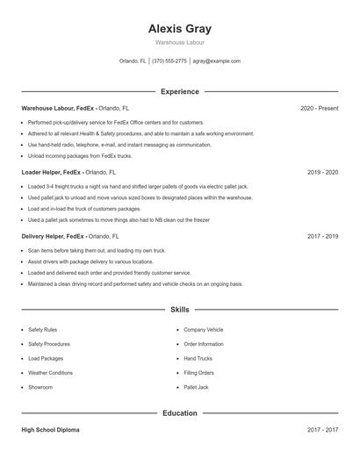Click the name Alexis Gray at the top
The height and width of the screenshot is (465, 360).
tap(180, 28)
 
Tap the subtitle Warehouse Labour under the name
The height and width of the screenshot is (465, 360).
tap(180, 42)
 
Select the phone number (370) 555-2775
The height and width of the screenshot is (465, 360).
tap(169, 61)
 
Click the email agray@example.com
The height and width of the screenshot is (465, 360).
tap(217, 61)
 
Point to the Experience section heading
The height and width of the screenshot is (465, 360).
tap(180, 91)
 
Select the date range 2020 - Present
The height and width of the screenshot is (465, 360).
tap(319, 108)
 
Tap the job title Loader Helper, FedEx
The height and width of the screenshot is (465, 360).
tap(53, 172)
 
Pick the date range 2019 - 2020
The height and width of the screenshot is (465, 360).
tap(322, 172)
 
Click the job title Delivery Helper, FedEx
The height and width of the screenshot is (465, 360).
tap(54, 236)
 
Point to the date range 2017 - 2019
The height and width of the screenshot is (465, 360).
tap(322, 236)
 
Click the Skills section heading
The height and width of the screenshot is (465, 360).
tap(180, 310)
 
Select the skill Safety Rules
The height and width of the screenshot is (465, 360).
tap(42, 330)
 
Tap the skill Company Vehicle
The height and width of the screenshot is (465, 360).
tap(204, 330)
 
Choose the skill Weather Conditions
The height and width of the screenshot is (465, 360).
tap(50, 373)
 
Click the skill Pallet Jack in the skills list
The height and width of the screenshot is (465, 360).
tap(196, 387)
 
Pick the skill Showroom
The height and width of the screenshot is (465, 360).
tap(40, 387)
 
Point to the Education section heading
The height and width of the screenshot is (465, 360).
tap(180, 412)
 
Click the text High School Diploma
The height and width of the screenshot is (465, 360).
tap(52, 430)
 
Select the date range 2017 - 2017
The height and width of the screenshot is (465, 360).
tap(322, 430)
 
